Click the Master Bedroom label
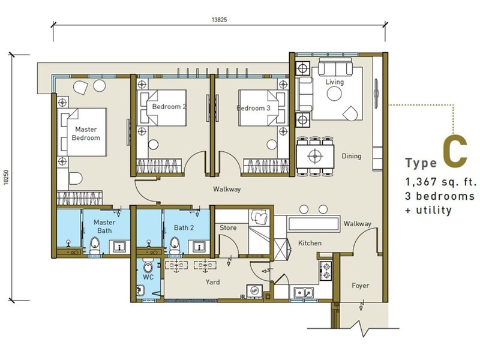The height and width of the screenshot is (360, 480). coord(86,133)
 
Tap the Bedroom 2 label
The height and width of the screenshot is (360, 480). coord(169,107)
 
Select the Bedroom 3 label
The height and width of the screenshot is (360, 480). coord(253,108)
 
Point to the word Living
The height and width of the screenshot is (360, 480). coord(335,82)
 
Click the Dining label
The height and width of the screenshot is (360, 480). coord(352,156)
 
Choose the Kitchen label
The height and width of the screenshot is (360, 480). coord(310,243)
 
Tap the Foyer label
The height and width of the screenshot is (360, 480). coord(361,286)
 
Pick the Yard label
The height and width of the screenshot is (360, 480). coord(212,282)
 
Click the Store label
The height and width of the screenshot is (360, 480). coord(228,228)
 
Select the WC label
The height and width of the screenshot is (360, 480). coord(148,277)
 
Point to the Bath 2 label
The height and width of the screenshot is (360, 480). coord(184,228)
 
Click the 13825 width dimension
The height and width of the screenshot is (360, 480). coord(219,20)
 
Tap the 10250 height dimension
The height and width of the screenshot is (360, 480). coord(6,177)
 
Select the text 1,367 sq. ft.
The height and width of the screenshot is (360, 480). coord(441,182)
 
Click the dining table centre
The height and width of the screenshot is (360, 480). coord(315,157)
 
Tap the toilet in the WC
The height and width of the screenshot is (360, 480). coord(148,266)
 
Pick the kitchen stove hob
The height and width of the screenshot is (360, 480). coord(326,271)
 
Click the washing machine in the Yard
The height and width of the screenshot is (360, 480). coord(254,291)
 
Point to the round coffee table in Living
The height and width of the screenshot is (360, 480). coord(334,94)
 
